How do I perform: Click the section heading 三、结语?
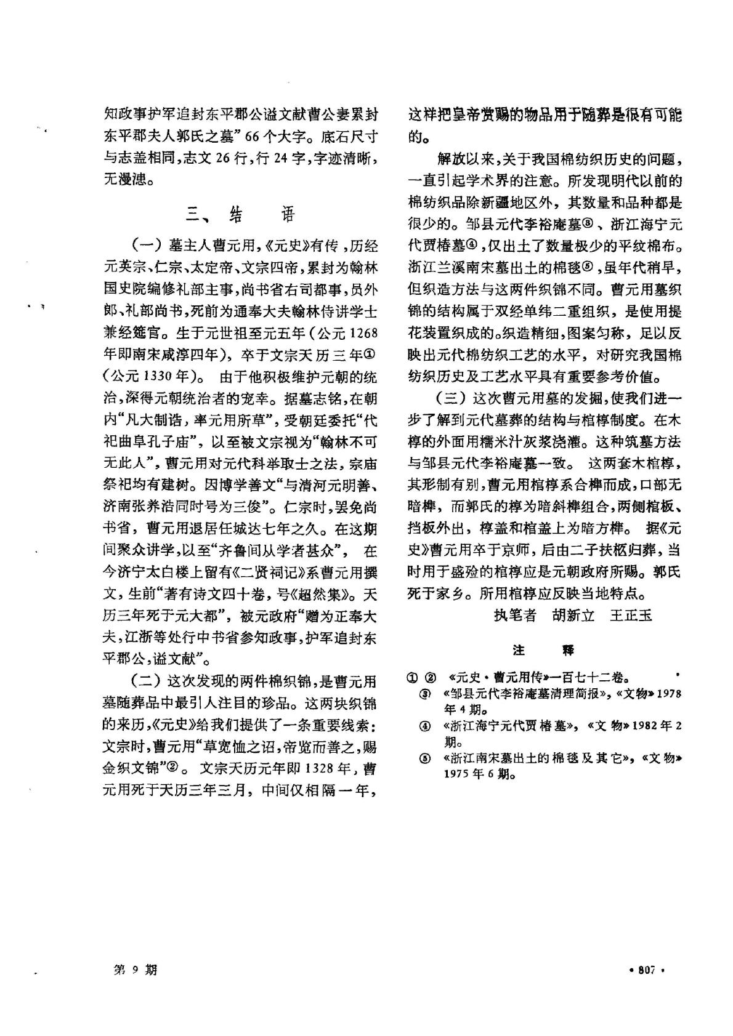(x=241, y=214)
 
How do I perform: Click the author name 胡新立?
(x=573, y=615)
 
